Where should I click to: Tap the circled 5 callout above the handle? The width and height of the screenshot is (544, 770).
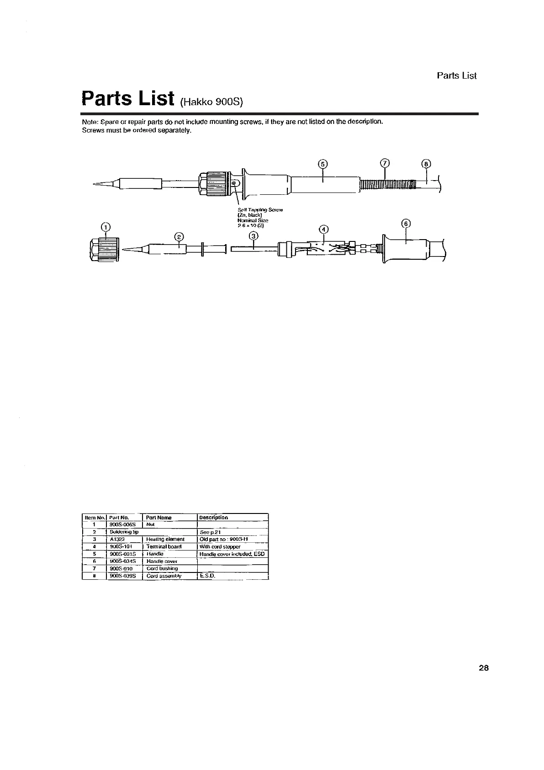[x=323, y=164]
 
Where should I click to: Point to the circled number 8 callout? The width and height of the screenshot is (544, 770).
[x=426, y=164]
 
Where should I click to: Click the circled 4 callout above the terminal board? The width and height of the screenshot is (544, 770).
[x=323, y=229]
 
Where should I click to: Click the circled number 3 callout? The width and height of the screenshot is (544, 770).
[x=254, y=236]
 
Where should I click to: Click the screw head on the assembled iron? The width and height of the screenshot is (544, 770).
[x=234, y=182]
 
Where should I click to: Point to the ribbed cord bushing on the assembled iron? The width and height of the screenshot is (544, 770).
[x=387, y=184]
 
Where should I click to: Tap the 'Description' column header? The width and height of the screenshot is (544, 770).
[x=214, y=518]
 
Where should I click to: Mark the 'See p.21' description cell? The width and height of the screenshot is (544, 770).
[x=210, y=533]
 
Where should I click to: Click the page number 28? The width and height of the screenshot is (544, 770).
[x=484, y=668]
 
